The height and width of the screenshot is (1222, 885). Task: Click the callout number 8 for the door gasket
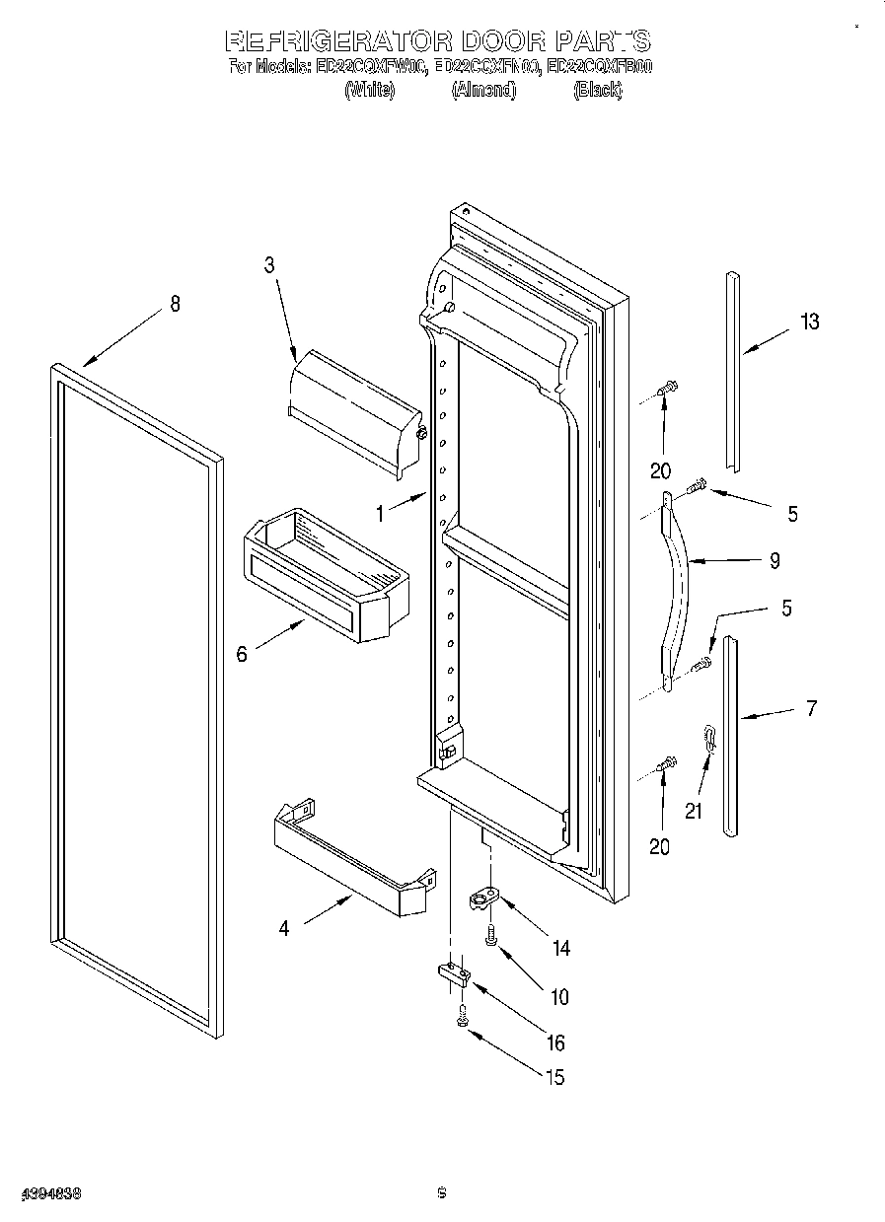(x=175, y=304)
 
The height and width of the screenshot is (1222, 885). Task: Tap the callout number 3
(x=268, y=264)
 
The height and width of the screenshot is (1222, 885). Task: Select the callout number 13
(x=809, y=322)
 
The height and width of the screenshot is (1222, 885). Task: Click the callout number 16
(x=556, y=1042)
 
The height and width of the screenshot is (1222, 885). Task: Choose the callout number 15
(x=555, y=1077)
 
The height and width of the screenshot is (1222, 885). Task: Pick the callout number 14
(x=560, y=948)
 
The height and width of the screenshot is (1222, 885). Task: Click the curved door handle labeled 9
(x=678, y=592)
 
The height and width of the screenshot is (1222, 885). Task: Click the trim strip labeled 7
(x=730, y=735)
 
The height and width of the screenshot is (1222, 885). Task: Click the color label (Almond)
(x=483, y=90)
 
